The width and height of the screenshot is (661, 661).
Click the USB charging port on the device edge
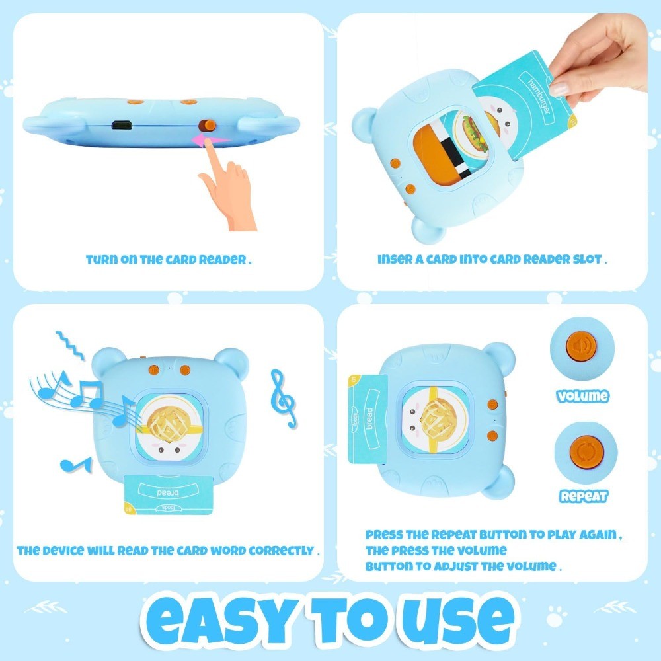coord(122,125)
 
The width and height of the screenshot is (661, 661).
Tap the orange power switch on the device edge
coord(207,125)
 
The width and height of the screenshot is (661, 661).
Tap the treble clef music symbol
coord(284,399)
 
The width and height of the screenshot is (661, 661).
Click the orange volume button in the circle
coord(581,346)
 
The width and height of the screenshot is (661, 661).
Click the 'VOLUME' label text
coord(582,396)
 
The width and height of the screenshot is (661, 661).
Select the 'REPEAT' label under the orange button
coord(584,496)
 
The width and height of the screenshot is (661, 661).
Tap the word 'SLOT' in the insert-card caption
coord(587,259)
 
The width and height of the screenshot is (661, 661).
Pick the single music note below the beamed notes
coord(76,465)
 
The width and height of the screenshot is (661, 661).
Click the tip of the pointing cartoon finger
coord(208,143)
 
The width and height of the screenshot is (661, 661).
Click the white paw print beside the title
coord(556,616)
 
